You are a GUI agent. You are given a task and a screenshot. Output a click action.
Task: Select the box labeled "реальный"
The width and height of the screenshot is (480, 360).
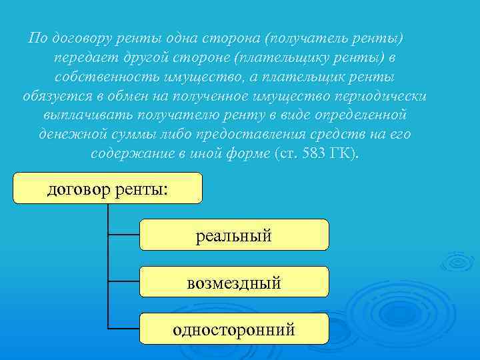coord(234,235)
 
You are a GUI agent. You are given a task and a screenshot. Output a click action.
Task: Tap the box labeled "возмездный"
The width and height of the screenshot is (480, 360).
coord(234,281)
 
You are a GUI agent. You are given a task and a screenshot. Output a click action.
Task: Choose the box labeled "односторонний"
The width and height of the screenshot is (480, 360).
coord(234,329)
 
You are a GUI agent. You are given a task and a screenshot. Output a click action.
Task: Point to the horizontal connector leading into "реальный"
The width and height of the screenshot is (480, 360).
coord(124,235)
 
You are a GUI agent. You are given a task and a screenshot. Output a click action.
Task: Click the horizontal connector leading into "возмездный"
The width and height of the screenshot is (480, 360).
coord(124,281)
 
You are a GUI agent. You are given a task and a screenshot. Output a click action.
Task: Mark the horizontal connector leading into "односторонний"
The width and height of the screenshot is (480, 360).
coord(124,329)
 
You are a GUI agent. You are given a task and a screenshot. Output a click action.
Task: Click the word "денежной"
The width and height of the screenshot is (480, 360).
coord(67,134)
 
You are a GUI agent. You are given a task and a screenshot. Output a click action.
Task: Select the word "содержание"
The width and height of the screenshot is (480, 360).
coord(127,153)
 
